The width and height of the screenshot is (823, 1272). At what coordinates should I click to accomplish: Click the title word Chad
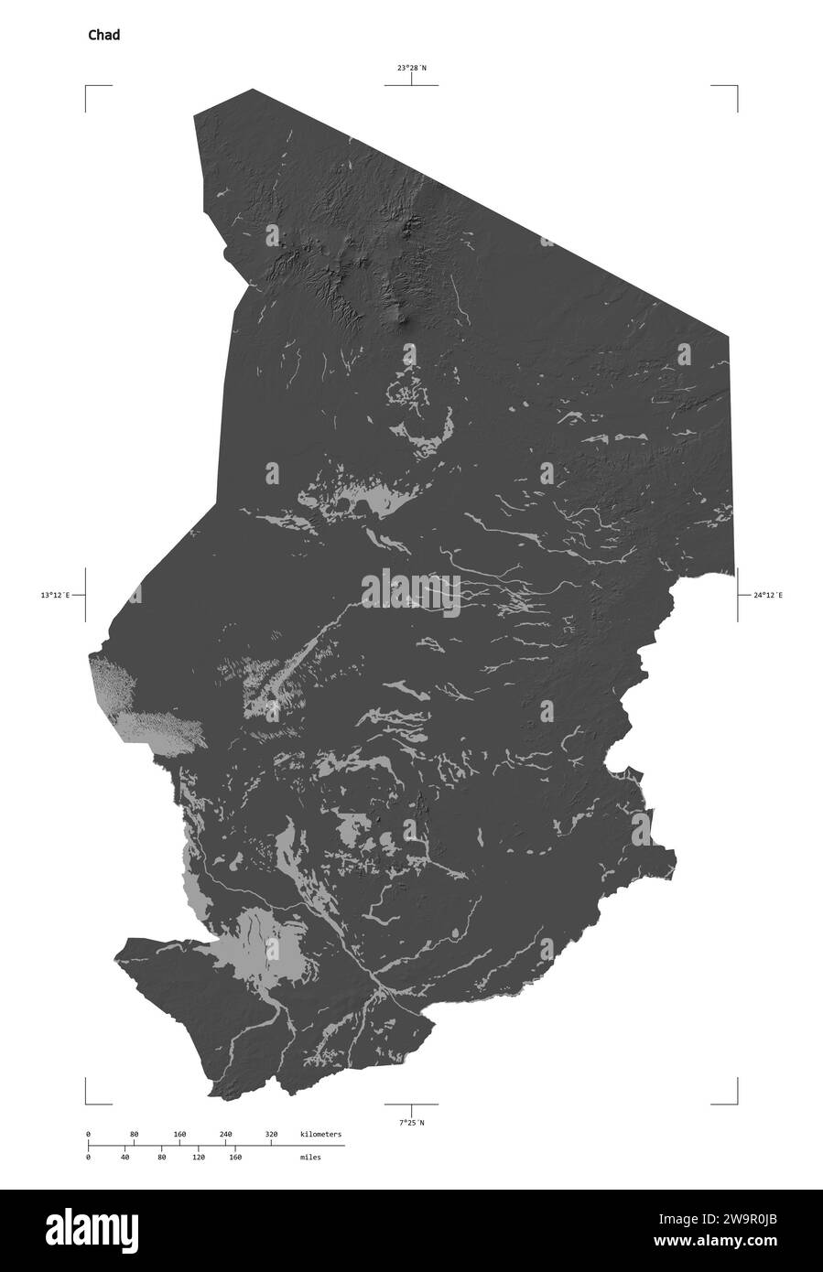click(x=103, y=36)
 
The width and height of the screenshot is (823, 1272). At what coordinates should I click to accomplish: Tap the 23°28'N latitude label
click(x=411, y=68)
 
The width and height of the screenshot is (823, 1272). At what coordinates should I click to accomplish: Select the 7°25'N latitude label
click(x=411, y=1122)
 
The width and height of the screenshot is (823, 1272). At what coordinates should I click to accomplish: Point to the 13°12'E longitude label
click(x=55, y=595)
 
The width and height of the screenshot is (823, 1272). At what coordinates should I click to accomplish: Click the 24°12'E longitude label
click(x=768, y=595)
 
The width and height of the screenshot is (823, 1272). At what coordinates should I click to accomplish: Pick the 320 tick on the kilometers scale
click(x=271, y=1135)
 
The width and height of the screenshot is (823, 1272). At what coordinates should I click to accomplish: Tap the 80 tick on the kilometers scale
click(x=134, y=1135)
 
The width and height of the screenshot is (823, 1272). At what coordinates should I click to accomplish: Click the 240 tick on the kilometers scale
click(x=225, y=1135)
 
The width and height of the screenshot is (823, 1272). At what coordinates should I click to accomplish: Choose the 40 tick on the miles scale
click(x=125, y=1157)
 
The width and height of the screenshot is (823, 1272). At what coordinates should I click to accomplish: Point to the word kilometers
click(x=320, y=1135)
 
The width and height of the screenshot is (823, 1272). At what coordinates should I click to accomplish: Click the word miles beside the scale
click(x=309, y=1157)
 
